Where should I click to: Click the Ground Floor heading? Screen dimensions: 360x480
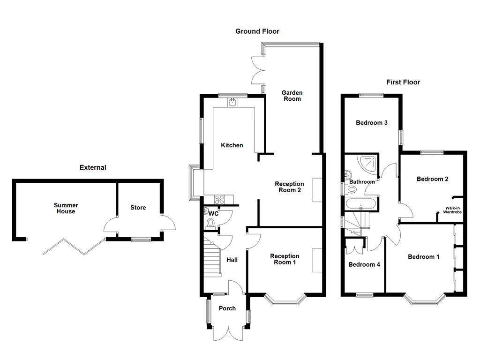tap(257, 31)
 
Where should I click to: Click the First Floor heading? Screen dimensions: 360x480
tap(403, 82)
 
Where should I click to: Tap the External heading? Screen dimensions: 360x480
tap(93, 167)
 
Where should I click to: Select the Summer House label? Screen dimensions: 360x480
tap(66, 208)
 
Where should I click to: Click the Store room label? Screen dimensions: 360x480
tap(138, 208)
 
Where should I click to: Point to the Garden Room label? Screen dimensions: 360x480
tap(292, 96)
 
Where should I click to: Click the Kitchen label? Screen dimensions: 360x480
tap(232, 145)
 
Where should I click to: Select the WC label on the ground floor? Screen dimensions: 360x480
tap(213, 213)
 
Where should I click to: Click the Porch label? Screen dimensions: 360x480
tap(227, 308)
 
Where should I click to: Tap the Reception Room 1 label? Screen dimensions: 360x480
tap(285, 259)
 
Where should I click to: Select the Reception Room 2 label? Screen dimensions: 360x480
tap(289, 187)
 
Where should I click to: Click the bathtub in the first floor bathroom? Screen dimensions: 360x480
tap(360, 205)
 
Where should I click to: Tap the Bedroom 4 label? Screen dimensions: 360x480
tap(364, 264)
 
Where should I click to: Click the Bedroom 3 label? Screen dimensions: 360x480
tap(372, 123)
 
